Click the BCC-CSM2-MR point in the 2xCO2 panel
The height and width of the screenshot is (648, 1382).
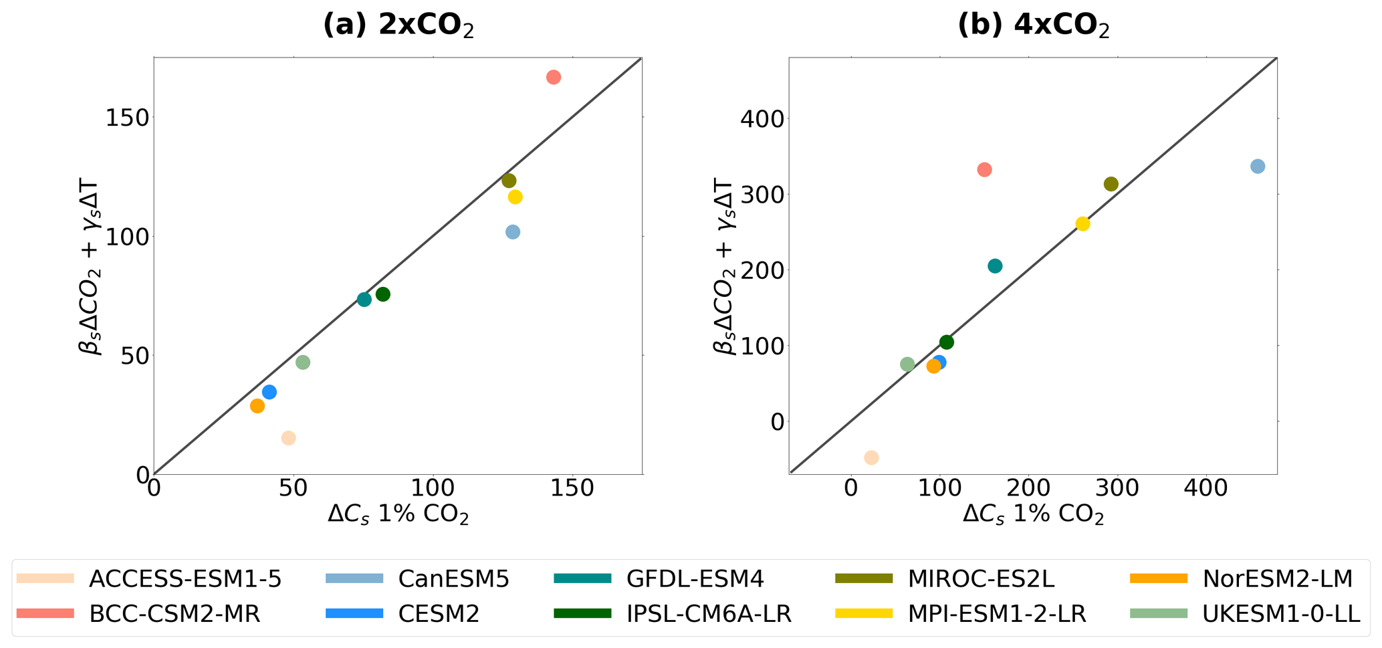(553, 77)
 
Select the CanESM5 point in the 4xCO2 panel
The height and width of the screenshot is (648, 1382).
(1257, 167)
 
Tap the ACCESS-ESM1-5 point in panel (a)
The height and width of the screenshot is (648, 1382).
(288, 438)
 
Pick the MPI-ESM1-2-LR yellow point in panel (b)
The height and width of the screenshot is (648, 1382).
(1082, 224)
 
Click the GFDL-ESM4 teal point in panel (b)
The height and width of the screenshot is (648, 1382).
(995, 266)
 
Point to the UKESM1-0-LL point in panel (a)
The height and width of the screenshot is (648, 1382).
(303, 362)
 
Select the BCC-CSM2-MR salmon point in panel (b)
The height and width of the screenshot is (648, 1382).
(984, 170)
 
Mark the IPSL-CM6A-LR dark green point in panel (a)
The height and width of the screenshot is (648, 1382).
(382, 294)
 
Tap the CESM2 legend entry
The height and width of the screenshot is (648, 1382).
(439, 614)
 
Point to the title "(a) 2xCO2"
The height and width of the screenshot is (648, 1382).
(398, 25)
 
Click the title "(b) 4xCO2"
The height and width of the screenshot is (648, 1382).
(1034, 25)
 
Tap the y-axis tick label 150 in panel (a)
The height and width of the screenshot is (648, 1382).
(127, 118)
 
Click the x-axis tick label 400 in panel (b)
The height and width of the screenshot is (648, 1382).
(1205, 488)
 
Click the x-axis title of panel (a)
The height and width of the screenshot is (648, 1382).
(398, 514)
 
